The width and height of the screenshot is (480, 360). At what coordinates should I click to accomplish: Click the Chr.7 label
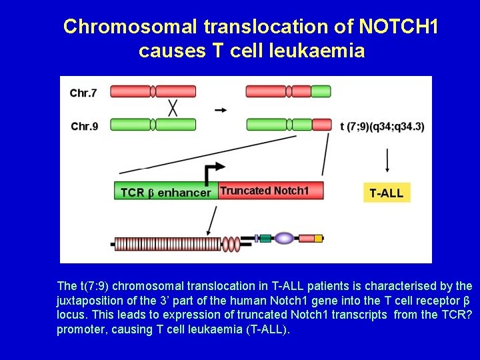pyautogui.click(x=83, y=93)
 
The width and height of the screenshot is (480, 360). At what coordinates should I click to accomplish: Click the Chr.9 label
pyautogui.click(x=84, y=126)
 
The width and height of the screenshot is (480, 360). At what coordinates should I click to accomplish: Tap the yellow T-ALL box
pyautogui.click(x=387, y=193)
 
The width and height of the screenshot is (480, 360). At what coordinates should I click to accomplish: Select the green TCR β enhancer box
pyautogui.click(x=165, y=193)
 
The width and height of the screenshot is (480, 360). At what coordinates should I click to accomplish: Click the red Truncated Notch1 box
pyautogui.click(x=270, y=191)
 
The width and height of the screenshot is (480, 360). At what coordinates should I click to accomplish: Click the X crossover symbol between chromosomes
pyautogui.click(x=172, y=109)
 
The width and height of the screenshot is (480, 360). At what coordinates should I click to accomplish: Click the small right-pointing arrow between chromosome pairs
pyautogui.click(x=220, y=109)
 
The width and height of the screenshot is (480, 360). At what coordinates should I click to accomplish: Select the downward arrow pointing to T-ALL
pyautogui.click(x=387, y=161)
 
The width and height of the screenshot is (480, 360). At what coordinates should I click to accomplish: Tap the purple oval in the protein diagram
pyautogui.click(x=285, y=238)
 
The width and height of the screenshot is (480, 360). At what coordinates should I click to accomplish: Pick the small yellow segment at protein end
pyautogui.click(x=319, y=238)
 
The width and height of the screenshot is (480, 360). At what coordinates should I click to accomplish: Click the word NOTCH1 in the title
pyautogui.click(x=399, y=27)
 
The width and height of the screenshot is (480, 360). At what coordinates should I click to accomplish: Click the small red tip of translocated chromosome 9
pyautogui.click(x=322, y=124)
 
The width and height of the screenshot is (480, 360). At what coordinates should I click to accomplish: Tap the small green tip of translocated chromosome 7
pyautogui.click(x=321, y=91)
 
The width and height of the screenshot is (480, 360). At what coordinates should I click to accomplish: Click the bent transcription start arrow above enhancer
pyautogui.click(x=213, y=173)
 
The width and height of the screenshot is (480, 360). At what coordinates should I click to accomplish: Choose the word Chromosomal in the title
pyautogui.click(x=130, y=27)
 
